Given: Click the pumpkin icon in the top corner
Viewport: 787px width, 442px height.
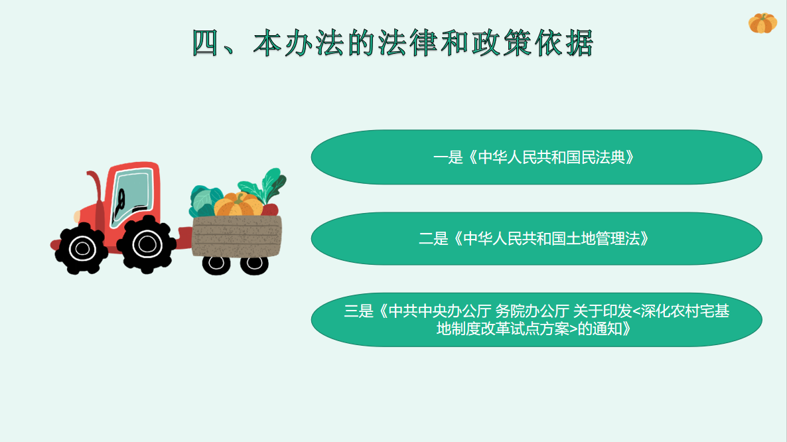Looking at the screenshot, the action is [x=762, y=23].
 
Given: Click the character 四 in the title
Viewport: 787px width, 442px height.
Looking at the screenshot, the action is [x=205, y=42].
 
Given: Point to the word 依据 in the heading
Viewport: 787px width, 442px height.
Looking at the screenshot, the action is [x=565, y=42].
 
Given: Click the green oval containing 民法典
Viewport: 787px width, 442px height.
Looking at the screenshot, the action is [x=537, y=157].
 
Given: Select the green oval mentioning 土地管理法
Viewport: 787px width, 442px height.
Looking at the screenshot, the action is [x=537, y=238].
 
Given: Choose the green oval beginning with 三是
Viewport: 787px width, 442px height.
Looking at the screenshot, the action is [x=537, y=320].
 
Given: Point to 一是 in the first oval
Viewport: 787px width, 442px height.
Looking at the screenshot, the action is [x=448, y=157].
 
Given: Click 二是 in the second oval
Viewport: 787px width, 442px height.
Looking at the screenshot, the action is [x=434, y=239].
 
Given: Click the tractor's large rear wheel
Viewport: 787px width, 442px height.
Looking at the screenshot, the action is [x=147, y=244].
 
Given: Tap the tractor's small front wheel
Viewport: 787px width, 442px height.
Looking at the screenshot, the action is [x=82, y=248].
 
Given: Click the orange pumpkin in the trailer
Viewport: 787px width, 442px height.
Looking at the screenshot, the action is [x=238, y=204].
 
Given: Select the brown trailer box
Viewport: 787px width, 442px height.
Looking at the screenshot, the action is [x=236, y=236].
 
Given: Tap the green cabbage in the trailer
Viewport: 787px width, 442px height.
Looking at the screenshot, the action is [x=204, y=201].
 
